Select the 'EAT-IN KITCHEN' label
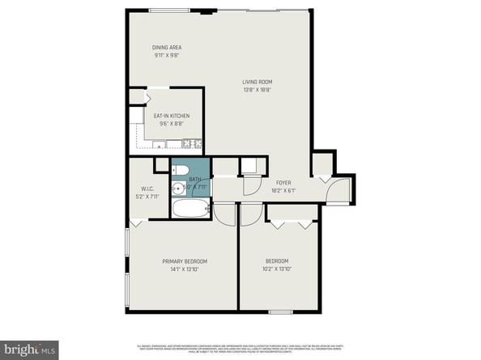tap(172, 116)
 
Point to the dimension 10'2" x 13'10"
tap(278, 269)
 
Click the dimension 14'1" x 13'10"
tap(184, 269)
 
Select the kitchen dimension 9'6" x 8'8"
tap(172, 124)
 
